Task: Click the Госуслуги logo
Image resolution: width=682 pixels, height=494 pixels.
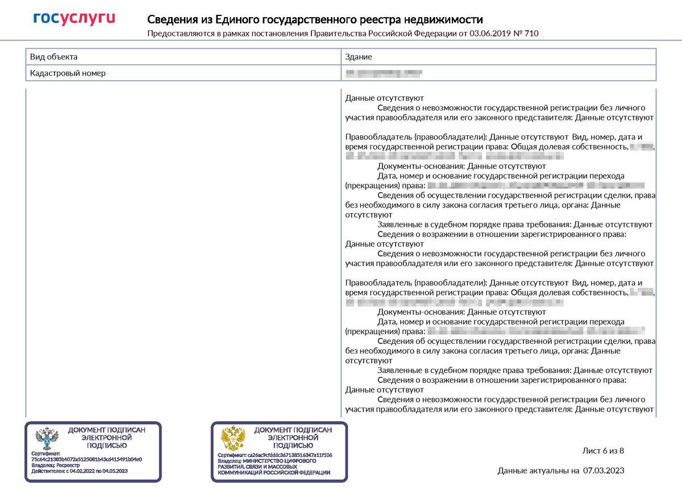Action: (x=74, y=19)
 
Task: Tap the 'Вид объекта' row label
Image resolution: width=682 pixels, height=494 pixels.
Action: (x=54, y=57)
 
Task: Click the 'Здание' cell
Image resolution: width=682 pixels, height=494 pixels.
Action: (x=359, y=57)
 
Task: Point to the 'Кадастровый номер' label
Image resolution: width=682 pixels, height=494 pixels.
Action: (x=68, y=73)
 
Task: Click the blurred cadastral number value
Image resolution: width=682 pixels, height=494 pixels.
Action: (x=384, y=73)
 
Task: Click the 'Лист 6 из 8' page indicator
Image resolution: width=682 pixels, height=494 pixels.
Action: (x=603, y=451)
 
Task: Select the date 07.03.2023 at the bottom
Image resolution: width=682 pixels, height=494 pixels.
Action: (x=604, y=470)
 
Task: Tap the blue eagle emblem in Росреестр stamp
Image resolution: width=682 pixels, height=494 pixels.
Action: (x=47, y=439)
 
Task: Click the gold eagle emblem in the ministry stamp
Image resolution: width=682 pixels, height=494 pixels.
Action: (x=232, y=439)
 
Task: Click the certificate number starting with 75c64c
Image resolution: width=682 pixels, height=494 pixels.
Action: (x=86, y=459)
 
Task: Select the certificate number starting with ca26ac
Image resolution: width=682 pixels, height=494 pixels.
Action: (x=289, y=455)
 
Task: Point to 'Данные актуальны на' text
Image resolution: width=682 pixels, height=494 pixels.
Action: (x=538, y=470)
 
